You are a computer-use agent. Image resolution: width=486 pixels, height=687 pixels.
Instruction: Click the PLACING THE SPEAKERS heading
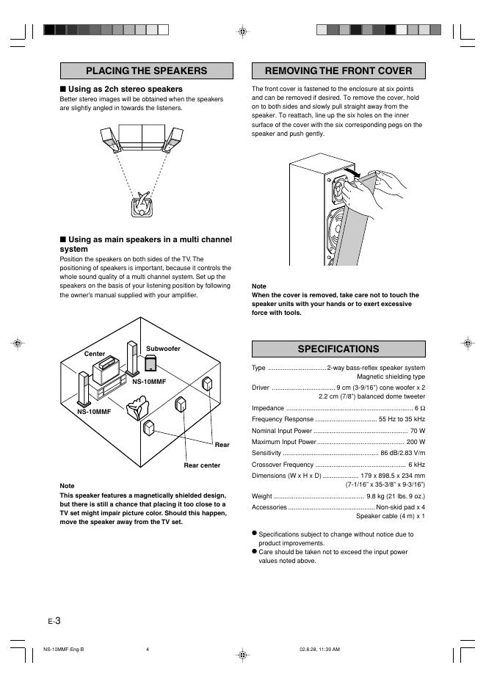[146, 71]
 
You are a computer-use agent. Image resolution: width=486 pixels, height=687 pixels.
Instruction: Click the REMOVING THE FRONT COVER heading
[338, 71]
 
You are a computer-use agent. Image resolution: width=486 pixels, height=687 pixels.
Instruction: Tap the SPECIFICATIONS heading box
[338, 349]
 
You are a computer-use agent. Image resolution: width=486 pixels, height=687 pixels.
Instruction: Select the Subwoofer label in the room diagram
[163, 349]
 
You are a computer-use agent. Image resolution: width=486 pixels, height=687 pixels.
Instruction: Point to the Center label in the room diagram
[95, 354]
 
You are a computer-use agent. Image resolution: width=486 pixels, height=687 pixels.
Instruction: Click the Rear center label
[202, 465]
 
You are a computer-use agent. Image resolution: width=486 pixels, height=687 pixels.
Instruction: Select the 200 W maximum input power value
[416, 442]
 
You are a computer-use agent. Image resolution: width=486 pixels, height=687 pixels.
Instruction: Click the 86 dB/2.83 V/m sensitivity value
[402, 454]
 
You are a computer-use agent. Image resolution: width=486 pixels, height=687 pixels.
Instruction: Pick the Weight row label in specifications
[262, 496]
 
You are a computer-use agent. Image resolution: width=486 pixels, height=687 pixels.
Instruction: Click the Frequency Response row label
[278, 419]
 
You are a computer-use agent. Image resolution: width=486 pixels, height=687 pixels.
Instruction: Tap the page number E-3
[53, 621]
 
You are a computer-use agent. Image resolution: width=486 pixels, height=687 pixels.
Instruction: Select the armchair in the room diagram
[137, 407]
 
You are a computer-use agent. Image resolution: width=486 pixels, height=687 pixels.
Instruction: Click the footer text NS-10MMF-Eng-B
[64, 649]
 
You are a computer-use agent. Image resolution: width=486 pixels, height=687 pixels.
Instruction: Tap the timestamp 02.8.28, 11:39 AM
[319, 649]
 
